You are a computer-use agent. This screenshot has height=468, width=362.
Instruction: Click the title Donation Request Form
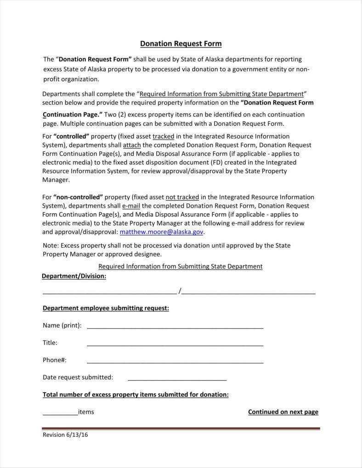[x=181, y=44]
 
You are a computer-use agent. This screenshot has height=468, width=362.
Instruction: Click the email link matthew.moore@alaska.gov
[x=162, y=232]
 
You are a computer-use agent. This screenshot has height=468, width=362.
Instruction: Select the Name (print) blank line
[x=175, y=326]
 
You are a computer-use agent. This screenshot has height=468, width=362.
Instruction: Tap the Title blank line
[x=175, y=344]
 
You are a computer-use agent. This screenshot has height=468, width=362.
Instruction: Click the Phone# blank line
[x=175, y=361]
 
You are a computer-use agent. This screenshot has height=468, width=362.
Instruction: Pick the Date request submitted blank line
[x=177, y=378]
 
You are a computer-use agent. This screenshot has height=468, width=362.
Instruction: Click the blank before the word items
[x=60, y=413]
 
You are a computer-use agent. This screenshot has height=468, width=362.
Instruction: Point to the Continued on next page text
[x=283, y=412]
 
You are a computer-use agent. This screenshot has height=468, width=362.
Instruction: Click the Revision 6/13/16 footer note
[x=65, y=434]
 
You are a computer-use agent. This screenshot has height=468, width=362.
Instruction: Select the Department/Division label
[x=74, y=276]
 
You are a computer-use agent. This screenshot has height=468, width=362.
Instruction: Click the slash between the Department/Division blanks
[x=180, y=291]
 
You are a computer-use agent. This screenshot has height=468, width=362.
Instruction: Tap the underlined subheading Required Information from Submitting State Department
[x=181, y=266]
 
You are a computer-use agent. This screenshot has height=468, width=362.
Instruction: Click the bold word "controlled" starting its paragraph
[x=71, y=136]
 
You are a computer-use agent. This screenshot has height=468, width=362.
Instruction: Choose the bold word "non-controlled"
[x=78, y=197]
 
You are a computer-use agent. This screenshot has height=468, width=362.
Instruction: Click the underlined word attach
[x=132, y=145]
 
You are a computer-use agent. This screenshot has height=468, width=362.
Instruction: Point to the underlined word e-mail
[x=131, y=206]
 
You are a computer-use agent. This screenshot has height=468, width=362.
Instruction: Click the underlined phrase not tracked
[x=182, y=197]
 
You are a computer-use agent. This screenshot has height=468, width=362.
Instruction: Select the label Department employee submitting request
[x=106, y=308]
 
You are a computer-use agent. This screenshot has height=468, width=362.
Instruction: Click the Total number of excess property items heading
[x=136, y=395]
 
